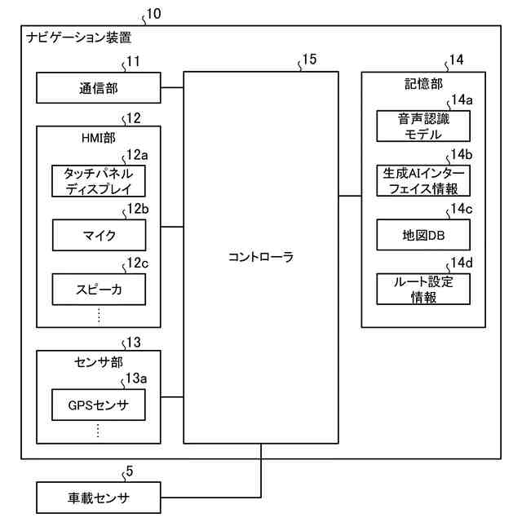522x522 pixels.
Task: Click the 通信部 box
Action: [98, 87]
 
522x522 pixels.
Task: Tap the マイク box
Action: [98, 236]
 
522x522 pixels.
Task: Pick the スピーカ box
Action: [98, 290]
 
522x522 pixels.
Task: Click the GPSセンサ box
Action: [98, 404]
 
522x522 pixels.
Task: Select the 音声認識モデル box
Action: [423, 126]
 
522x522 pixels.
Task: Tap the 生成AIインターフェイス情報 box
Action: [423, 181]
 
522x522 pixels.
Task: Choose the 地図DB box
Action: [423, 236]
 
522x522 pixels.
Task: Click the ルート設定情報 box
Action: [423, 290]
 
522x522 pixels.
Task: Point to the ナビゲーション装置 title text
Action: [78, 38]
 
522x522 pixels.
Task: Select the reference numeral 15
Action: [307, 60]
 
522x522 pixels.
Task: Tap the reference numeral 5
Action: [129, 470]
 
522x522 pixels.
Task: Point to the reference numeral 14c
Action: [461, 209]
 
